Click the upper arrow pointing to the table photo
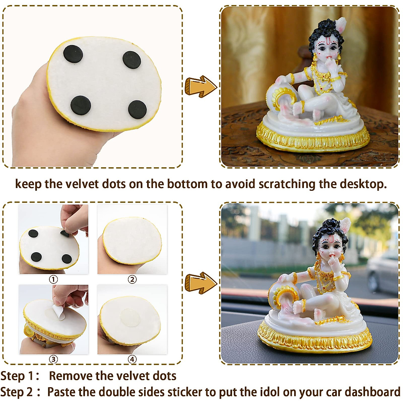click(x=201, y=86)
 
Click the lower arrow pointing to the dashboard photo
click(x=201, y=282)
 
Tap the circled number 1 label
click(x=53, y=279)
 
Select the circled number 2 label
click(x=132, y=279)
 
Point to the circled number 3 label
click(x=53, y=359)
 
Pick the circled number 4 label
click(x=132, y=359)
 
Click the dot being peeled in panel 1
click(x=65, y=233)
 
